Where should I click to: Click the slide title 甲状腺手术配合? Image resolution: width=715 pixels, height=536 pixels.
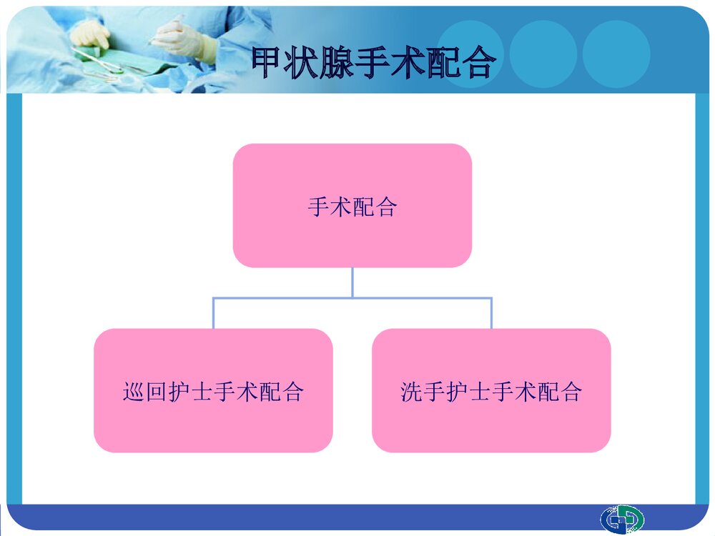point(373,64)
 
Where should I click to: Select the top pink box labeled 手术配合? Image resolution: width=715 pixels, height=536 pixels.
point(352,206)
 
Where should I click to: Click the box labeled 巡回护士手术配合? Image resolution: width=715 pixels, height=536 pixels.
point(213,390)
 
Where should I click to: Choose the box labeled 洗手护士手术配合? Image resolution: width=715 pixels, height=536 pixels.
point(491,390)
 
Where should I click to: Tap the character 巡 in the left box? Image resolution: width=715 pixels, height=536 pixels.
point(134,392)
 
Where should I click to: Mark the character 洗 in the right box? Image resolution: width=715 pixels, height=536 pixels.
point(412,392)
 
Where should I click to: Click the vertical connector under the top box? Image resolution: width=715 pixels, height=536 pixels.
point(352,282)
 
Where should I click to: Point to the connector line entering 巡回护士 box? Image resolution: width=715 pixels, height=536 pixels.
point(213,313)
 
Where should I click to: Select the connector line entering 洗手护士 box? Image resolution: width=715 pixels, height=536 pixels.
point(491,313)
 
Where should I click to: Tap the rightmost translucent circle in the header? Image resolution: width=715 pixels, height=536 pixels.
point(616,54)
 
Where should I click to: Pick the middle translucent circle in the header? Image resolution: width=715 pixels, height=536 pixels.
point(543,54)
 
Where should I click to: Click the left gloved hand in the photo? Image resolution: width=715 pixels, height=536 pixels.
point(91,34)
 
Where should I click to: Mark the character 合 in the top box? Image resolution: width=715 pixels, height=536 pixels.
point(386,207)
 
